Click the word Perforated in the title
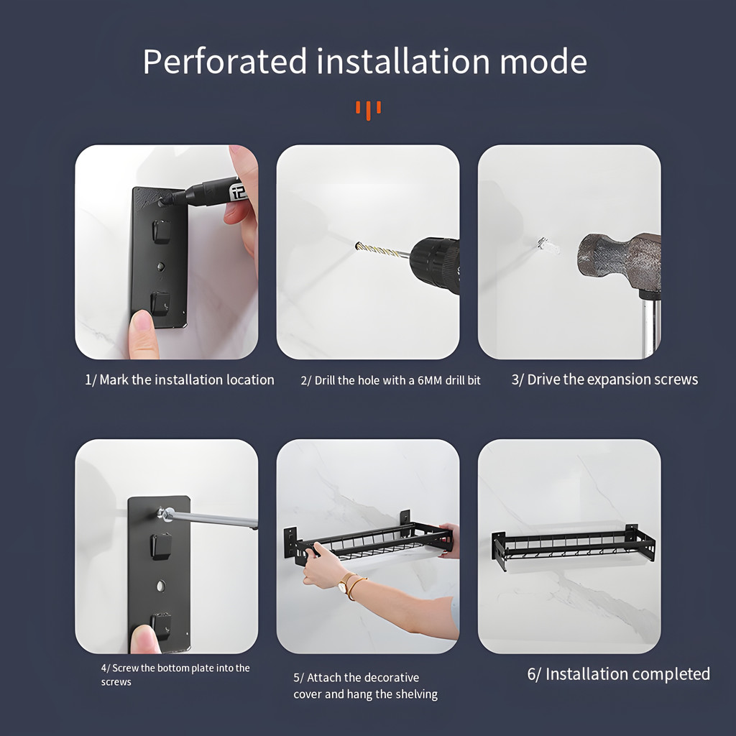pos(225,62)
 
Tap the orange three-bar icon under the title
pos(368,110)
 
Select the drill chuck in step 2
pos(435,264)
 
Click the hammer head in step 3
pos(619,263)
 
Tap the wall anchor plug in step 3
pos(548,246)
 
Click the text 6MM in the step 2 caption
pos(430,381)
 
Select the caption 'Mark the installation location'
pos(187,379)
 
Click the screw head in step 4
pos(165,513)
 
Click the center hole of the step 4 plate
pos(161,586)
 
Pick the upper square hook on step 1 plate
pos(161,231)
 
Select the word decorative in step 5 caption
pos(389,678)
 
